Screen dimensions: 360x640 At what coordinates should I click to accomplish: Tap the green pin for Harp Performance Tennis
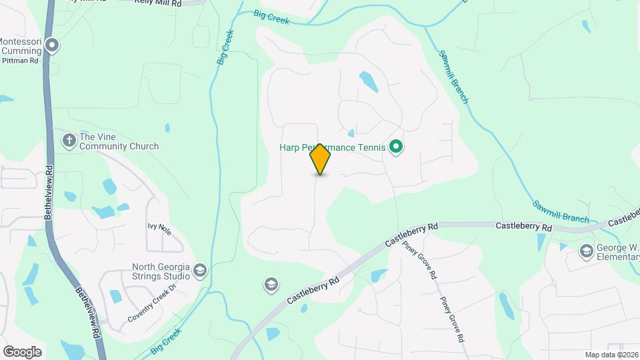click(396, 147)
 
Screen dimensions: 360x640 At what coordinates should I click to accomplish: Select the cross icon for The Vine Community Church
click(68, 140)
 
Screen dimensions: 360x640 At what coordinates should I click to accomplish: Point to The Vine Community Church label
click(119, 141)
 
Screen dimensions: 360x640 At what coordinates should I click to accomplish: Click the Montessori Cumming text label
click(21, 46)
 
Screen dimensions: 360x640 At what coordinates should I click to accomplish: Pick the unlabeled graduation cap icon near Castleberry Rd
click(271, 285)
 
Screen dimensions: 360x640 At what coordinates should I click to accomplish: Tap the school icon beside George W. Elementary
click(586, 251)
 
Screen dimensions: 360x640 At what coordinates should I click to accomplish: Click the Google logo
click(22, 352)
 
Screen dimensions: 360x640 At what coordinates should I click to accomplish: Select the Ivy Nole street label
click(160, 229)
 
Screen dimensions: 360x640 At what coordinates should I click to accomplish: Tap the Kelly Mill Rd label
click(158, 3)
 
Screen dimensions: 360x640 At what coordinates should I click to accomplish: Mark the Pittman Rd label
click(20, 60)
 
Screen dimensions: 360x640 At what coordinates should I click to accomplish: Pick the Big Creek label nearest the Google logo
click(166, 341)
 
